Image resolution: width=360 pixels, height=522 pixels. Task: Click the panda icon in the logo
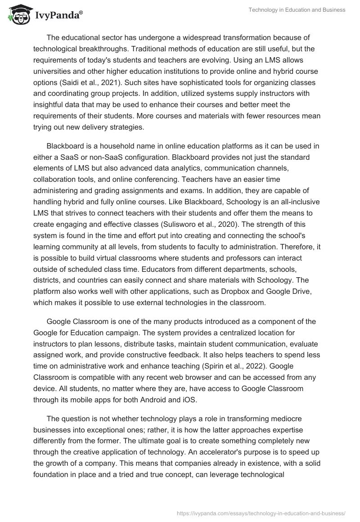coord(18,15)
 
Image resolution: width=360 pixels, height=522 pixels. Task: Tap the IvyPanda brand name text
coord(57,16)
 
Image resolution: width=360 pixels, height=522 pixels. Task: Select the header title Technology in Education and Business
coord(297,9)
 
